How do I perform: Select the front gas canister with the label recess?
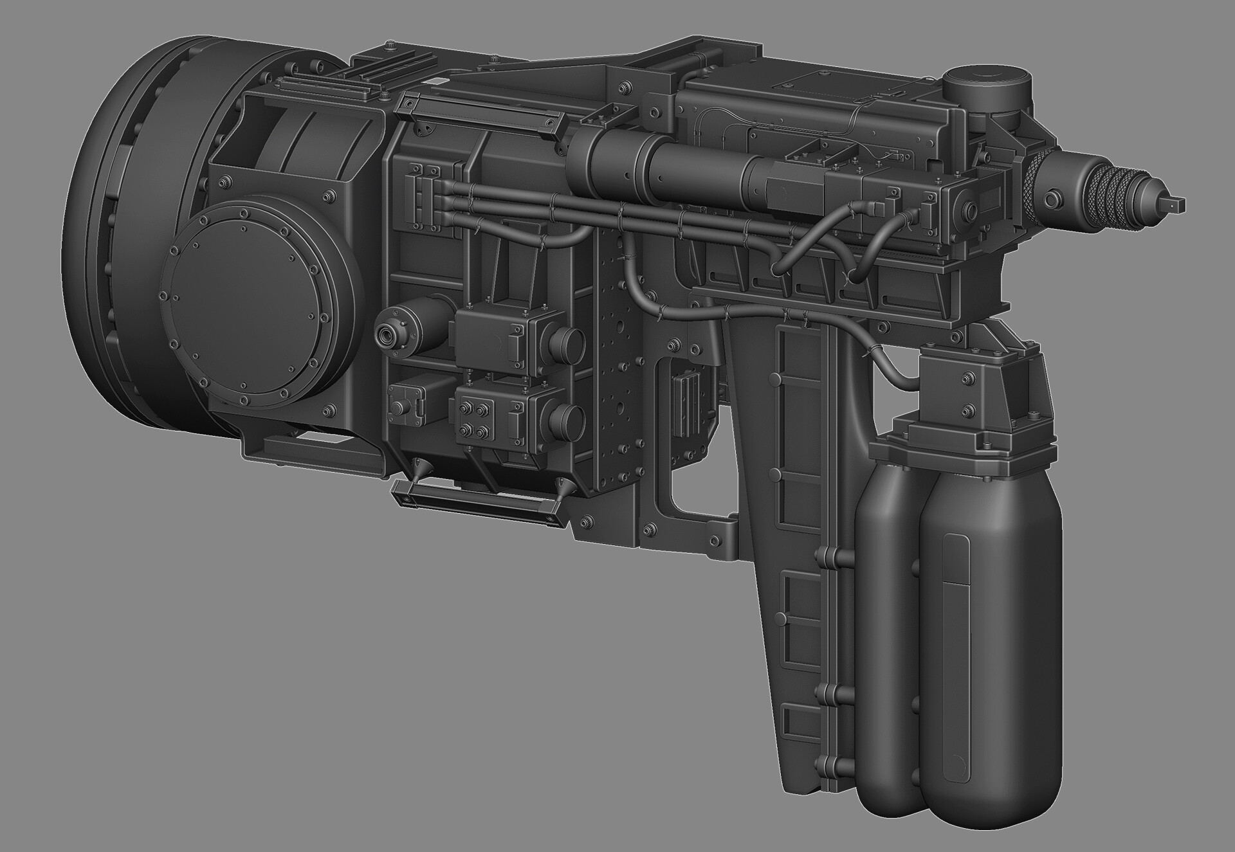[991, 598]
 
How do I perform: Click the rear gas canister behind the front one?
[888, 579]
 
